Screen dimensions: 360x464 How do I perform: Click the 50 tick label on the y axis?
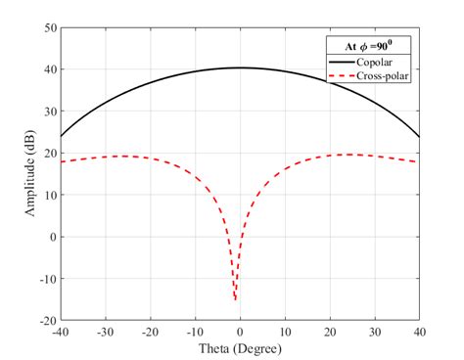[x=49, y=27]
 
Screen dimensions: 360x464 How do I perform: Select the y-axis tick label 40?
[x=49, y=69]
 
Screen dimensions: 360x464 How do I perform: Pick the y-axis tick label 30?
[x=49, y=112]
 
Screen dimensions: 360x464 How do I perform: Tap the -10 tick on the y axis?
[x=46, y=279]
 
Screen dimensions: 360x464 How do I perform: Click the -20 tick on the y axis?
[x=46, y=320]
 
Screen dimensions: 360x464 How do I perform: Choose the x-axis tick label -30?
[x=105, y=332]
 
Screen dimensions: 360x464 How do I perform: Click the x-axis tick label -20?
[x=150, y=332]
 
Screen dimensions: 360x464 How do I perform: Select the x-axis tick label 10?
[x=285, y=332]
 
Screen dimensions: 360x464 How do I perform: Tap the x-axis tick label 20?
[x=330, y=332]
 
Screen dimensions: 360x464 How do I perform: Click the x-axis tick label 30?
[x=375, y=332]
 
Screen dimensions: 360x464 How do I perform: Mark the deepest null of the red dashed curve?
[x=235, y=298]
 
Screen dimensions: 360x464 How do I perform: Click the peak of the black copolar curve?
[x=240, y=67]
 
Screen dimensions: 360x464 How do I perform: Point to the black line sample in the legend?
[x=344, y=61]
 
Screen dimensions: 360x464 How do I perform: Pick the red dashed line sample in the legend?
[x=344, y=75]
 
